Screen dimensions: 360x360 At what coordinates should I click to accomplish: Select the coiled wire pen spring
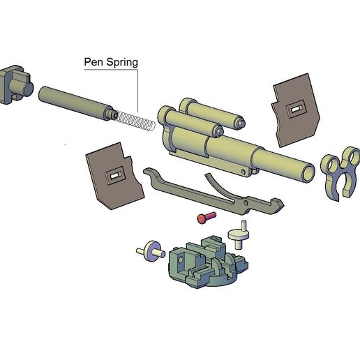(135, 121)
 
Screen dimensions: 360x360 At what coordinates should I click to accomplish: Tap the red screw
(207, 217)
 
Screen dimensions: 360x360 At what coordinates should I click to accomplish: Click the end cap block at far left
(16, 85)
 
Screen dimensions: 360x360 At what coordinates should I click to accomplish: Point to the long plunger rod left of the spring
(77, 103)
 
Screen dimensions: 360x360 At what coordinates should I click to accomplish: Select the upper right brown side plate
(295, 110)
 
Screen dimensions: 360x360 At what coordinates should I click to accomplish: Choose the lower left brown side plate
(114, 177)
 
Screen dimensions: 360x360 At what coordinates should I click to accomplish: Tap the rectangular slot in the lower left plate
(115, 176)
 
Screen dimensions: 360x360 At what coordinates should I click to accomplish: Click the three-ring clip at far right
(340, 172)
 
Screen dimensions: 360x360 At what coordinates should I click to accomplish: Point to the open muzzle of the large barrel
(308, 173)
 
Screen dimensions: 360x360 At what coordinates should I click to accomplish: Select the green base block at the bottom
(208, 263)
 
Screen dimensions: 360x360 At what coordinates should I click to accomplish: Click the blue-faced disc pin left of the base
(151, 251)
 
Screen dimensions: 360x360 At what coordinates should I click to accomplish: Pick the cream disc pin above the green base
(239, 235)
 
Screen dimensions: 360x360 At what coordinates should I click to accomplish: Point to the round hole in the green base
(180, 259)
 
